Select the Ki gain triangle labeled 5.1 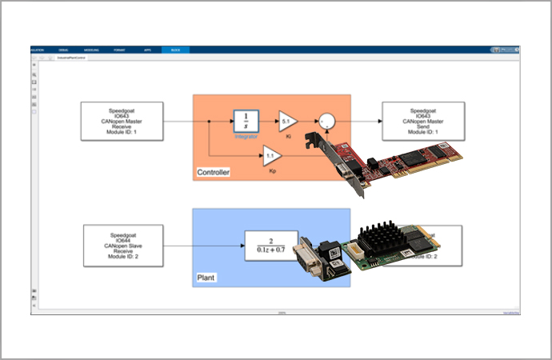coord(286,122)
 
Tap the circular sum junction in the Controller coord(326,122)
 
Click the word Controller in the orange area coord(214,172)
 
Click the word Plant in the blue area coord(206,278)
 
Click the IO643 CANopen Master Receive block coord(123,121)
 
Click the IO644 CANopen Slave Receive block coord(123,244)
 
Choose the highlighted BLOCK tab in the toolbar coord(175,50)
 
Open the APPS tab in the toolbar coord(147,50)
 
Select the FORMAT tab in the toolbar coord(119,50)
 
